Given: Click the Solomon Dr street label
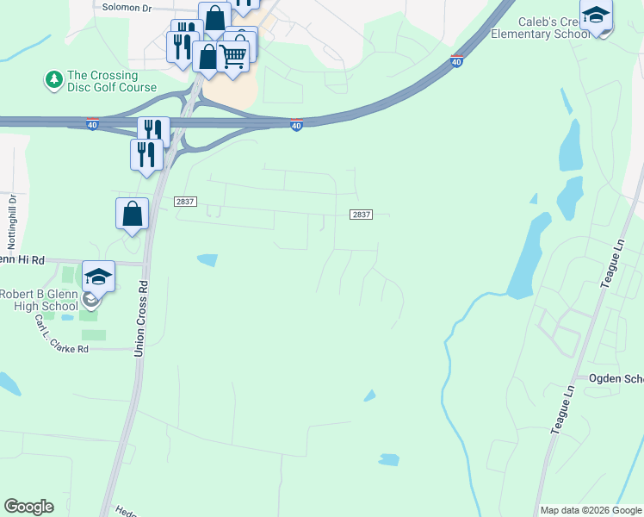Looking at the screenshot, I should pyautogui.click(x=127, y=7).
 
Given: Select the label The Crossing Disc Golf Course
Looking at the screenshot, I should pyautogui.click(x=112, y=81).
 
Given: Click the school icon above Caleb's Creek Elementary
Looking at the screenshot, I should pyautogui.click(x=596, y=16).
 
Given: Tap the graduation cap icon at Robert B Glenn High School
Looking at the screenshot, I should pyautogui.click(x=98, y=276).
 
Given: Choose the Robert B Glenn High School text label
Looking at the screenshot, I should pyautogui.click(x=40, y=300).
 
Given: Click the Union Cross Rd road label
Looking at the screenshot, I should pyautogui.click(x=140, y=318).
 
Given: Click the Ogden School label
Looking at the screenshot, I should pyautogui.click(x=616, y=379).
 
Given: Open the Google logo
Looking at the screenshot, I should pyautogui.click(x=28, y=507).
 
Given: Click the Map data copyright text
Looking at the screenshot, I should pyautogui.click(x=591, y=510).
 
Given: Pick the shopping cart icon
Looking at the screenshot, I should pyautogui.click(x=233, y=55).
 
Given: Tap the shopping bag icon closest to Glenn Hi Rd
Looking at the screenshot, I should pyautogui.click(x=132, y=213).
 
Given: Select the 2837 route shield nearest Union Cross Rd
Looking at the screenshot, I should pyautogui.click(x=185, y=202).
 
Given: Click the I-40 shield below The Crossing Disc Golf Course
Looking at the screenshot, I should pyautogui.click(x=92, y=125).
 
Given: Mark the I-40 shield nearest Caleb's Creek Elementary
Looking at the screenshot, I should pyautogui.click(x=456, y=61).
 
